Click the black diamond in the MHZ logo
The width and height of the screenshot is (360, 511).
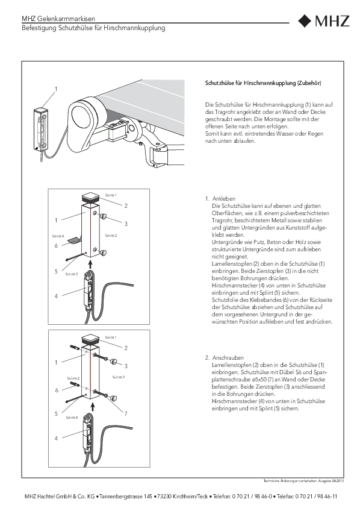pyautogui.click(x=305, y=20)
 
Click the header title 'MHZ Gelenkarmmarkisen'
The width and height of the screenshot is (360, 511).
pyautogui.click(x=58, y=19)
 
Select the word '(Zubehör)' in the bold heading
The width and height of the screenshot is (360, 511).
pyautogui.click(x=309, y=83)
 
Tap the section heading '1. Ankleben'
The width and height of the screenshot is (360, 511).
pyautogui.click(x=220, y=198)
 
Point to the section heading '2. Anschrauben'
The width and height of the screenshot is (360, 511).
pyautogui.click(x=225, y=357)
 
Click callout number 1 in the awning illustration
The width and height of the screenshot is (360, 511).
pyautogui.click(x=56, y=89)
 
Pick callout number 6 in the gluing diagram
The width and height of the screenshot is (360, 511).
pyautogui.click(x=56, y=246)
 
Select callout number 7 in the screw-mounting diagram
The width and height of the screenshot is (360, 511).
pyautogui.click(x=126, y=413)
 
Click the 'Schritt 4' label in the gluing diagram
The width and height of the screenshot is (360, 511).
pyautogui.click(x=58, y=236)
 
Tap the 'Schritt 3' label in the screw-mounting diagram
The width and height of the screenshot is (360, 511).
pyautogui.click(x=119, y=377)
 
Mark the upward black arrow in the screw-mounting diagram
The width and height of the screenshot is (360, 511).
pyautogui.click(x=93, y=406)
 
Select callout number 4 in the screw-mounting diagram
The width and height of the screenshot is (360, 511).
pyautogui.click(x=56, y=438)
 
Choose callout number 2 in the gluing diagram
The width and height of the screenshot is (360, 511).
pyautogui.click(x=126, y=205)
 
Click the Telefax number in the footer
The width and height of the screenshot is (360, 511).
pyautogui.click(x=316, y=497)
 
